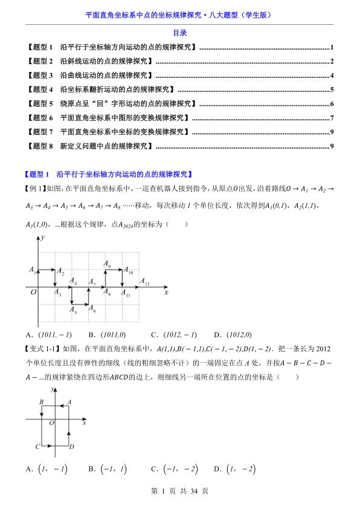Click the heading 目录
pyautogui.click(x=179, y=33)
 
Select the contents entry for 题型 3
pyautogui.click(x=90, y=76)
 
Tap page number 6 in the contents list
pyautogui.click(x=332, y=103)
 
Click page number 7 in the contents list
pyautogui.click(x=332, y=117)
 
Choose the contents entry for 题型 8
pyautogui.click(x=90, y=146)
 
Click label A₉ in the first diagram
pyautogui.click(x=106, y=264)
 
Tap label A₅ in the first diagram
pyautogui.click(x=72, y=312)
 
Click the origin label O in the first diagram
pyautogui.click(x=34, y=293)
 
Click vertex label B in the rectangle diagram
pyautogui.click(x=40, y=401)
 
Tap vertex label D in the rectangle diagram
pyautogui.click(x=72, y=447)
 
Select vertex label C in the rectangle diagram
pyautogui.click(x=37, y=447)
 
